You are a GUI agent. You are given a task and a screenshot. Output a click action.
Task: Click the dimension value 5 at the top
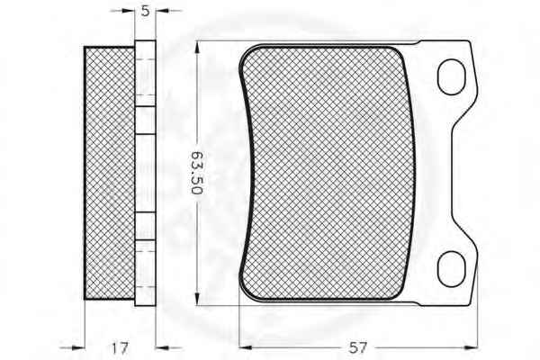coord(145,11)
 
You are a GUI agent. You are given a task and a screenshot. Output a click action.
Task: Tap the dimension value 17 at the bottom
coord(120,348)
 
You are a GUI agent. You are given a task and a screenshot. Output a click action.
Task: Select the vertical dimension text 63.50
coord(197,173)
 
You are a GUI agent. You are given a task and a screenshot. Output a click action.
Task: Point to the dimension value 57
coord(358,348)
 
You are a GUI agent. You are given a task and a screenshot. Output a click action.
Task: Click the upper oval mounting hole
coord(451,77)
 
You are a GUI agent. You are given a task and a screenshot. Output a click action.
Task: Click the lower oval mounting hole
coord(451,269)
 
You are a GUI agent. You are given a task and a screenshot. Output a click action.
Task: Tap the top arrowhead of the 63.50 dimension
coord(197,48)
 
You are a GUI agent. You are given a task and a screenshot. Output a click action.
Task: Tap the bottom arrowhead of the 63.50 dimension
coord(197,299)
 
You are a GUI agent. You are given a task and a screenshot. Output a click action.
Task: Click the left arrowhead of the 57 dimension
coord(245,348)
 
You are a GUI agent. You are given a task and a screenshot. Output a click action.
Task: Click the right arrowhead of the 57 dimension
coord(471,348)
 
